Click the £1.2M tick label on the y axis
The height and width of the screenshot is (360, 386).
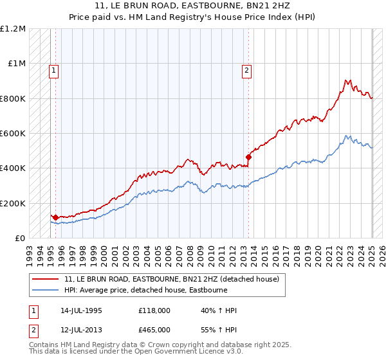pyautogui.click(x=14, y=29)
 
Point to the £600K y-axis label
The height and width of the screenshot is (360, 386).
pyautogui.click(x=14, y=134)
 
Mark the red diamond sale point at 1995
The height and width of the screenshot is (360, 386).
pyautogui.click(x=56, y=218)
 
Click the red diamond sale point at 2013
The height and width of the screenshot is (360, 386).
pyautogui.click(x=248, y=157)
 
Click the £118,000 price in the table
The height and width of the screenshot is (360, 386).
pyautogui.click(x=154, y=310)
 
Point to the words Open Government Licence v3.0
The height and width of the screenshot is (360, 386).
pyautogui.click(x=161, y=353)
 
